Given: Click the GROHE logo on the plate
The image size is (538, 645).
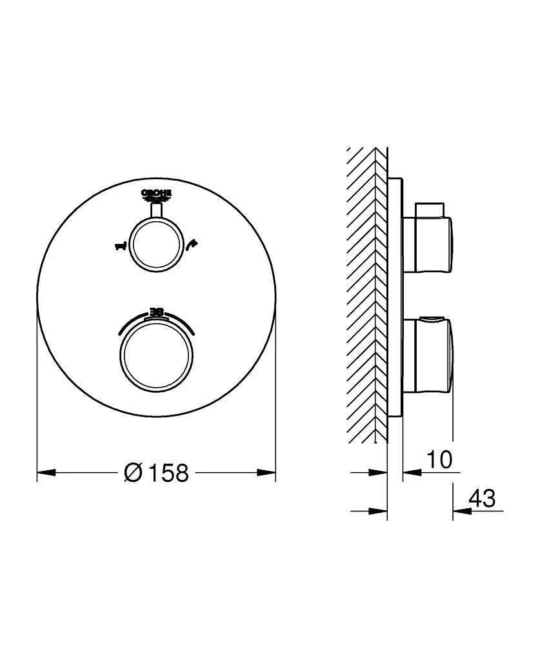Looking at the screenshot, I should (156, 195).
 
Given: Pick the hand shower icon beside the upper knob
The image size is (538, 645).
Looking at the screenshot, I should (192, 244).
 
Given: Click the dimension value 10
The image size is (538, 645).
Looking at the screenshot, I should (439, 459).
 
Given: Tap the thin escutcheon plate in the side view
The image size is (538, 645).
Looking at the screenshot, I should (395, 297).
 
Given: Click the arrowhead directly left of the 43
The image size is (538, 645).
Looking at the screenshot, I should (461, 511).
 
